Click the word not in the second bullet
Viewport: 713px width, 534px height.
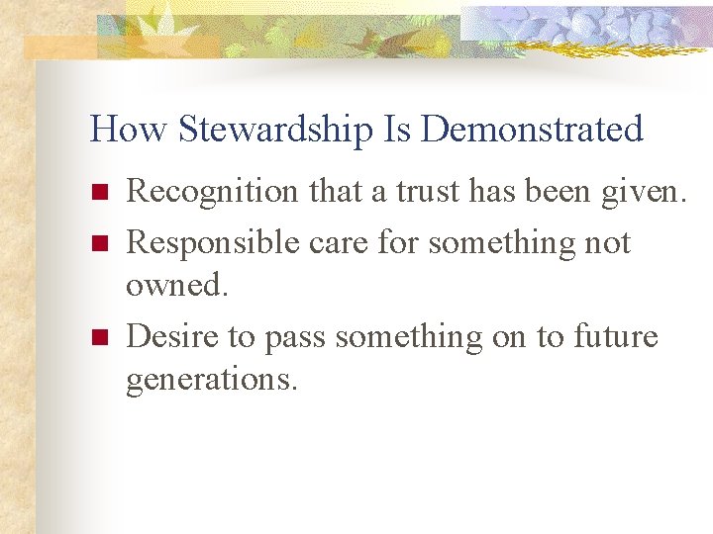point(606,240)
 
